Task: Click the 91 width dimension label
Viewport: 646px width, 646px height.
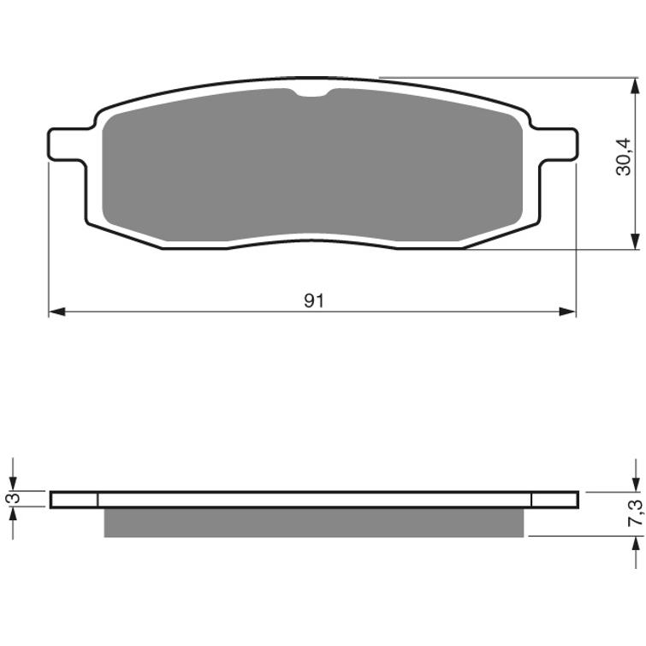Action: pos(314,276)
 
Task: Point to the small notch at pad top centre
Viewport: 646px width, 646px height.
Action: pos(315,95)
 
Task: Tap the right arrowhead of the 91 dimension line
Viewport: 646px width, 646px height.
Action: pos(568,311)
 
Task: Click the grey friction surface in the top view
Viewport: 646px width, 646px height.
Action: pos(313,163)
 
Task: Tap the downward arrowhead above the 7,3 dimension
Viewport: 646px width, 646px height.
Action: pos(635,484)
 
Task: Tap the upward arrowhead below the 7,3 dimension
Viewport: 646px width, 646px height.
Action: pos(635,545)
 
